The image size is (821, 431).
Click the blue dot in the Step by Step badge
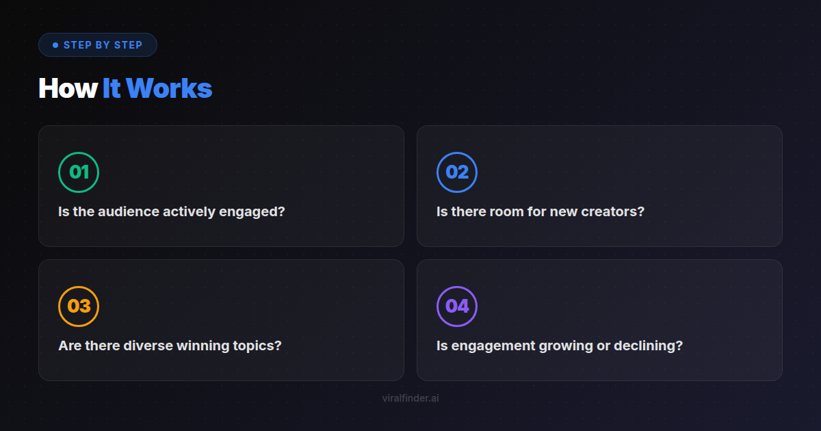pyautogui.click(x=55, y=45)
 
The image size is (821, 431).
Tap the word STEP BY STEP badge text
pyautogui.click(x=103, y=45)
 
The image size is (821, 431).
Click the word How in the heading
pyautogui.click(x=68, y=88)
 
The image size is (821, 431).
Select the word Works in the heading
pyautogui.click(x=169, y=88)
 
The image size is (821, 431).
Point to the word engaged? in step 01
pyautogui.click(x=252, y=213)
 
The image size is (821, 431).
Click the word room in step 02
pyautogui.click(x=506, y=212)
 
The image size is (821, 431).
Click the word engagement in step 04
pyautogui.click(x=493, y=347)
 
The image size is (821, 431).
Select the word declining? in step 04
pyautogui.click(x=649, y=347)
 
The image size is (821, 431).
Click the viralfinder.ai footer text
pyautogui.click(x=410, y=398)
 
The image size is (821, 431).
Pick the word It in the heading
pyautogui.click(x=112, y=88)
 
